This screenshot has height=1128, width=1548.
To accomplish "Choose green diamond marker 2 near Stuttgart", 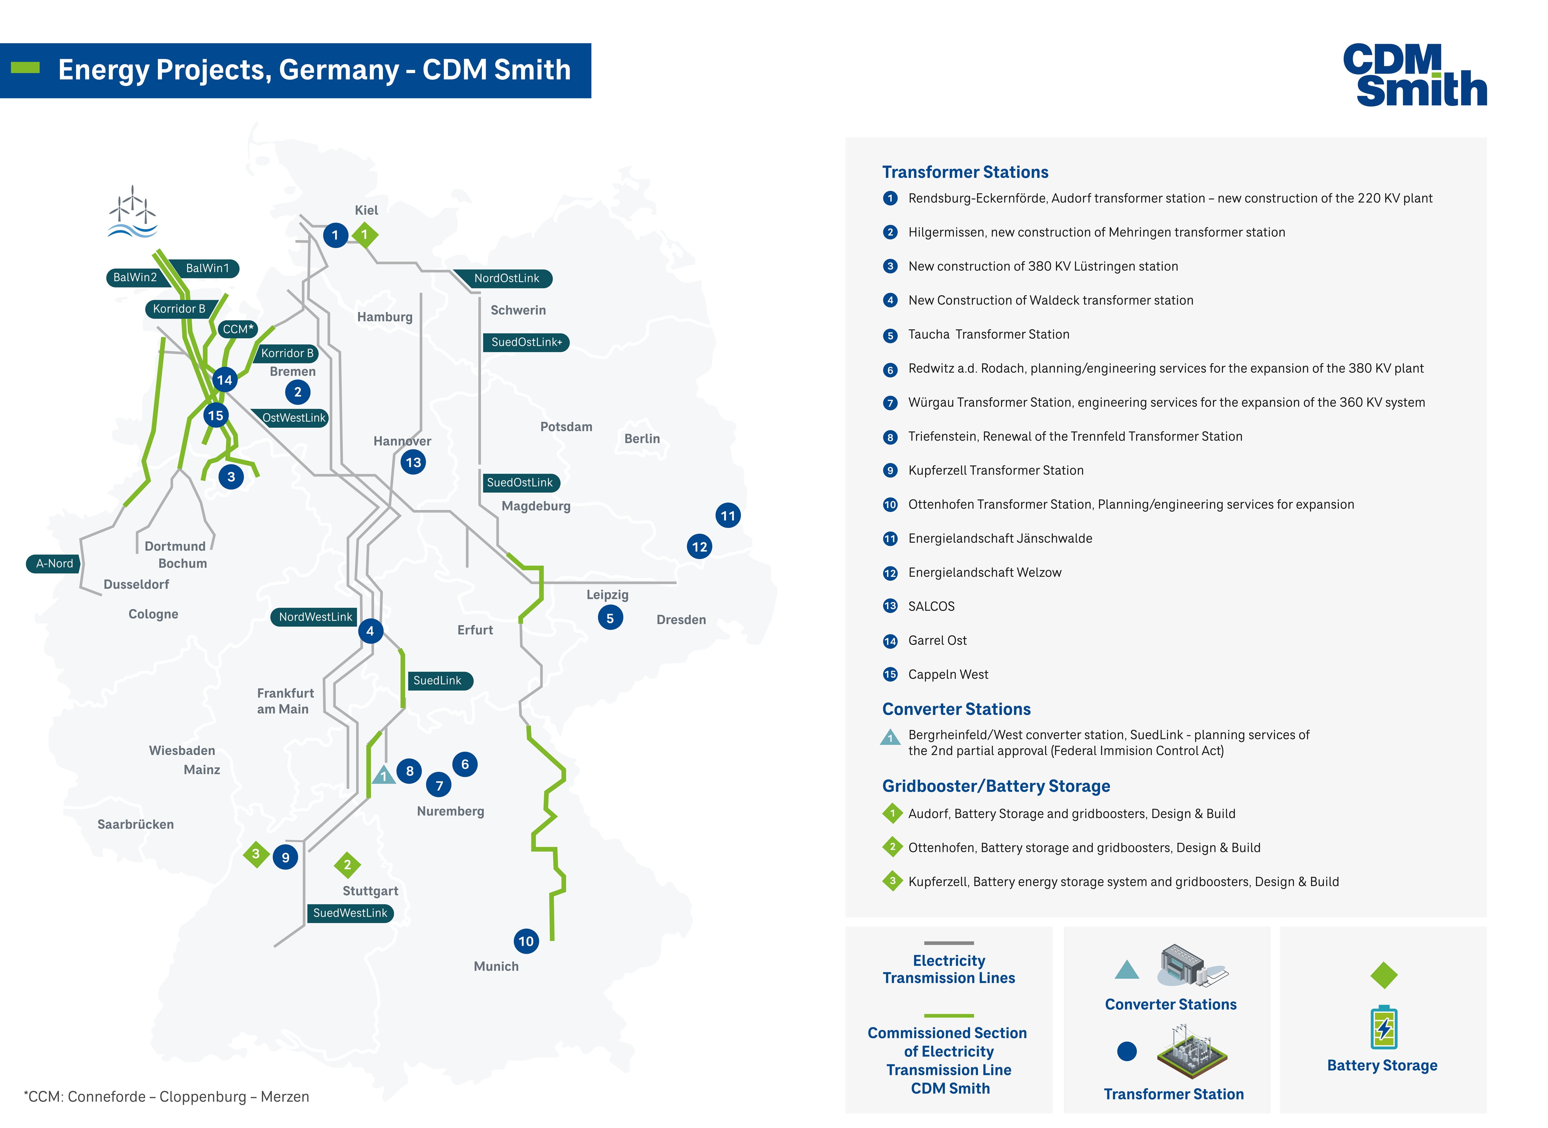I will point(347,865).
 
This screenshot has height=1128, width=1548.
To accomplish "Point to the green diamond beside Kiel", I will point(365,235).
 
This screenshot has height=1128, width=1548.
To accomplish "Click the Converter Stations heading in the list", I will point(956,709).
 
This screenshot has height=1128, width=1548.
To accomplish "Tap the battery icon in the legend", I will point(1383,1028).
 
